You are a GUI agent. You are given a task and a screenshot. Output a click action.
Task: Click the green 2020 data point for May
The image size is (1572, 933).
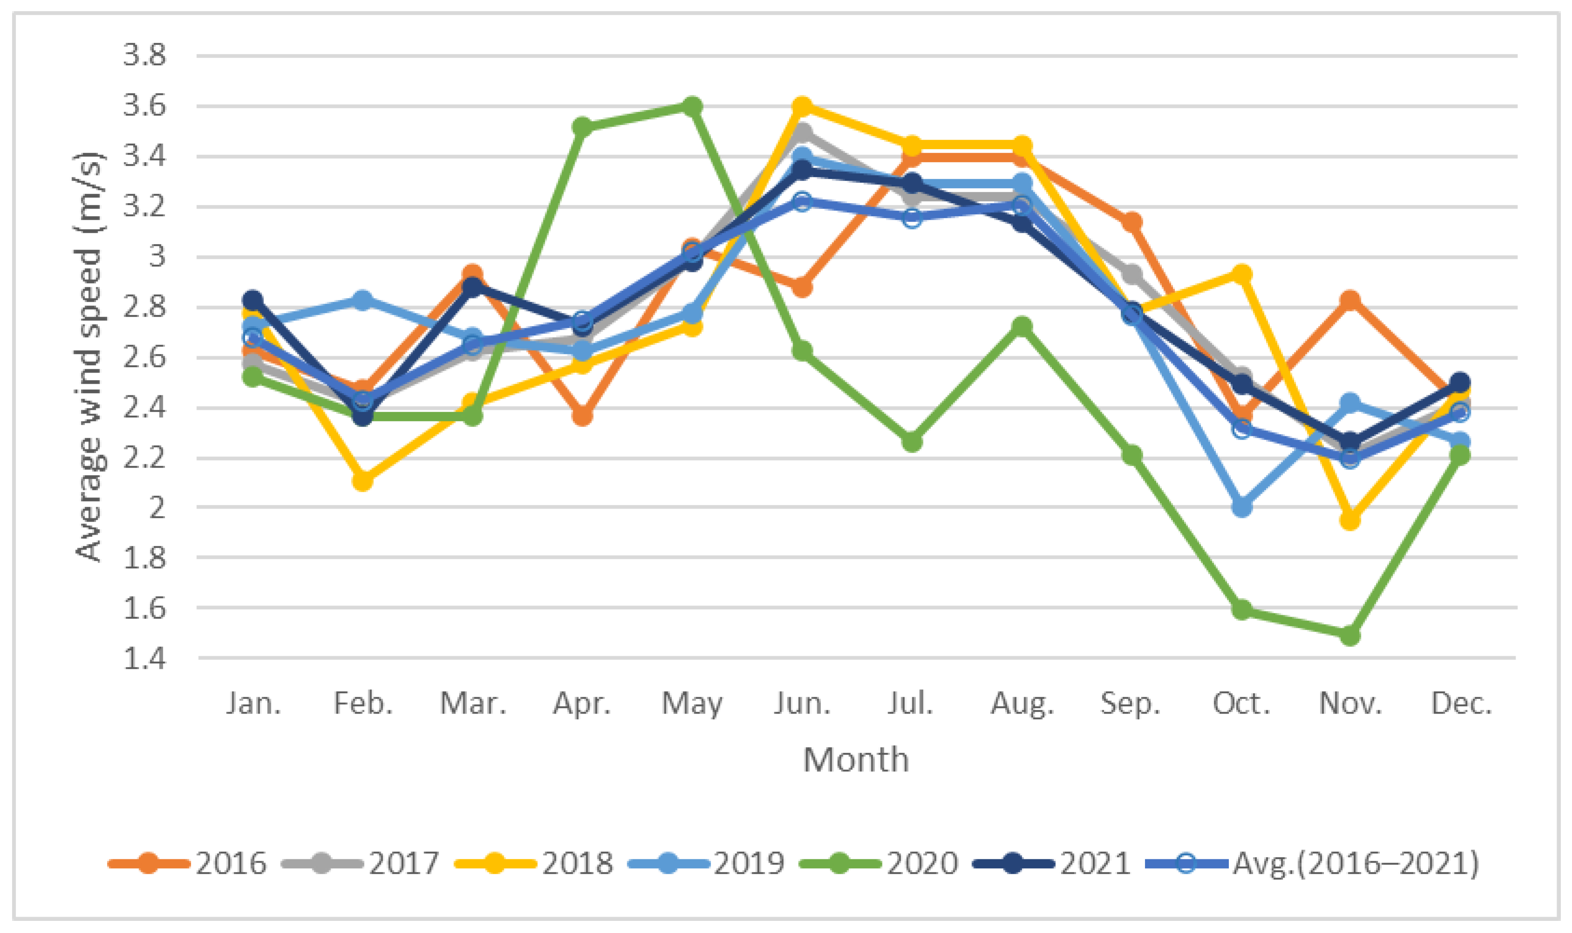(692, 106)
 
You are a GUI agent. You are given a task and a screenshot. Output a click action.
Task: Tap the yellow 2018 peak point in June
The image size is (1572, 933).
(802, 106)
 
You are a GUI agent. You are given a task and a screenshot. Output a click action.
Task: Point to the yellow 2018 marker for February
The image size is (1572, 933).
(363, 481)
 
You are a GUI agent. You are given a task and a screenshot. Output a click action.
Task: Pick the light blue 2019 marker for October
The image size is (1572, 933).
(1241, 506)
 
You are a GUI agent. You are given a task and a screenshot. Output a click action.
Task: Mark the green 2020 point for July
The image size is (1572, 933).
(912, 442)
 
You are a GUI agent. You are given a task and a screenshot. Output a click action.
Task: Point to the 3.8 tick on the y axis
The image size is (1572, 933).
(144, 55)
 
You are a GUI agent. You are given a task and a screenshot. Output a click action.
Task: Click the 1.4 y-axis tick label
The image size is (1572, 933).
(144, 658)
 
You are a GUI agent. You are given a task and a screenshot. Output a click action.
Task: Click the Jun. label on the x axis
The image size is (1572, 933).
(802, 703)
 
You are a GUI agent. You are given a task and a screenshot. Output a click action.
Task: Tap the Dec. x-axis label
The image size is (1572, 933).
(1461, 703)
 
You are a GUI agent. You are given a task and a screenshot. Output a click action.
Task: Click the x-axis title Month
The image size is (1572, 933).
(856, 759)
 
